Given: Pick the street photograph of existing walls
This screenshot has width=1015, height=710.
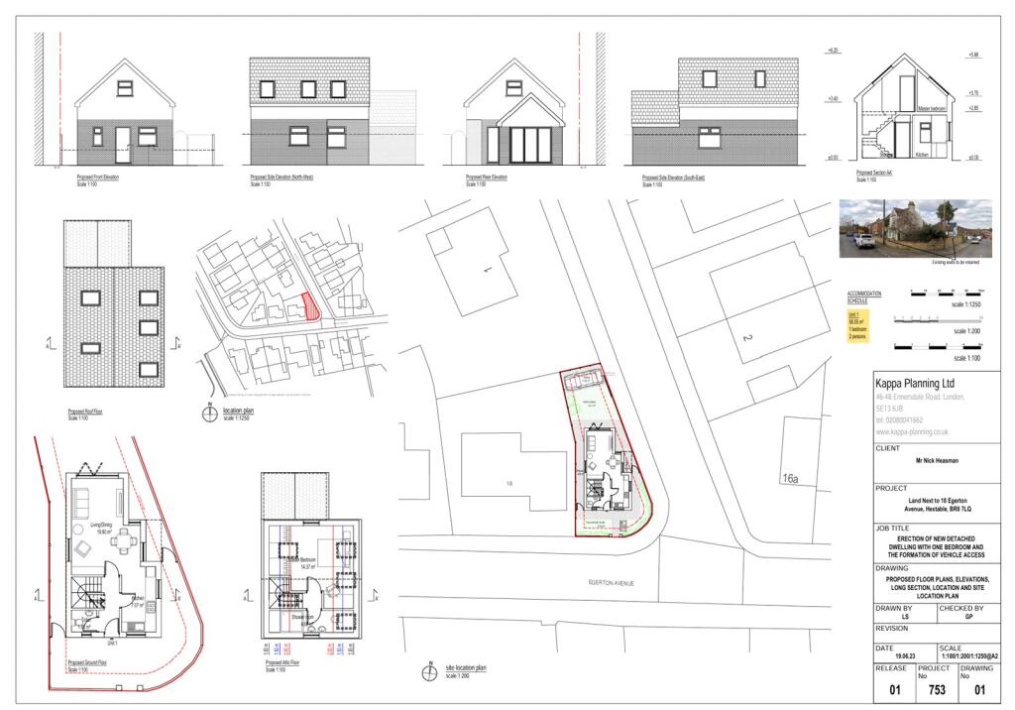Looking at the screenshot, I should pyautogui.click(x=915, y=228).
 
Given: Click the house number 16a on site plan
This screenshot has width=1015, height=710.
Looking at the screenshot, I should pyautogui.click(x=789, y=478).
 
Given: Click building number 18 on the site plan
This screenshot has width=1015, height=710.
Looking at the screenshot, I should pyautogui.click(x=509, y=483).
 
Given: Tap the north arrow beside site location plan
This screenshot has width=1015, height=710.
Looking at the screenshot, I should pyautogui.click(x=428, y=673).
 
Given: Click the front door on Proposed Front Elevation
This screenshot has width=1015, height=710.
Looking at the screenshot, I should pyautogui.click(x=123, y=144).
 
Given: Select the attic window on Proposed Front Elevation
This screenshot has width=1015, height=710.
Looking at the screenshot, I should pyautogui.click(x=124, y=87).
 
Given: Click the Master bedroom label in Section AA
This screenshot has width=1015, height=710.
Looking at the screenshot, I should pyautogui.click(x=931, y=109).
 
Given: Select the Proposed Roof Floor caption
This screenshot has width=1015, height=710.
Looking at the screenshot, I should pyautogui.click(x=87, y=410).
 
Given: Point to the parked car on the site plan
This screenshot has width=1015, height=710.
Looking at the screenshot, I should pyautogui.click(x=582, y=379).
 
